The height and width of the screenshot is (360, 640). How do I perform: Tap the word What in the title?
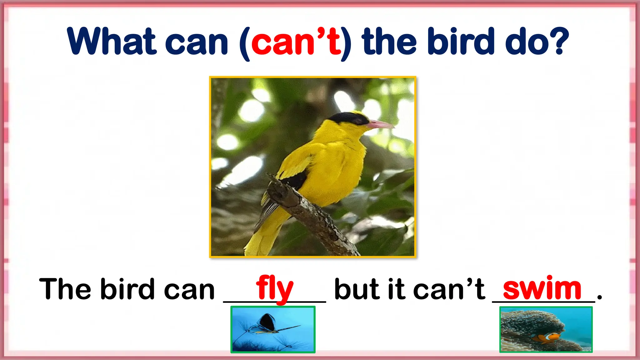[112, 42]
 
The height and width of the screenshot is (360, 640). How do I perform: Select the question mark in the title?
[558, 42]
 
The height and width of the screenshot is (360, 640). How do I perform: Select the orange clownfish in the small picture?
[548, 338]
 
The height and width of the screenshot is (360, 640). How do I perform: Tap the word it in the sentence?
[397, 289]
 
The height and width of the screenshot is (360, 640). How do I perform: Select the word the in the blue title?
[389, 42]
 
